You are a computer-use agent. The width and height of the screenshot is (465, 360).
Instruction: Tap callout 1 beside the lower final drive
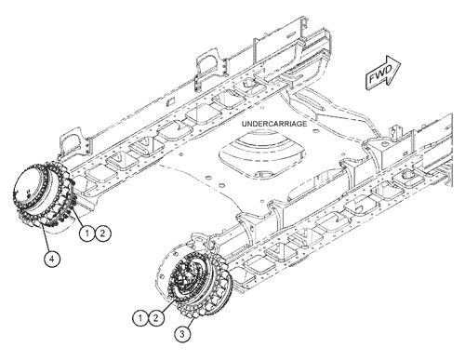(x=139, y=319)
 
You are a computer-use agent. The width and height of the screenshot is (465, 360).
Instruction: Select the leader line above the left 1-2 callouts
(x=83, y=217)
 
